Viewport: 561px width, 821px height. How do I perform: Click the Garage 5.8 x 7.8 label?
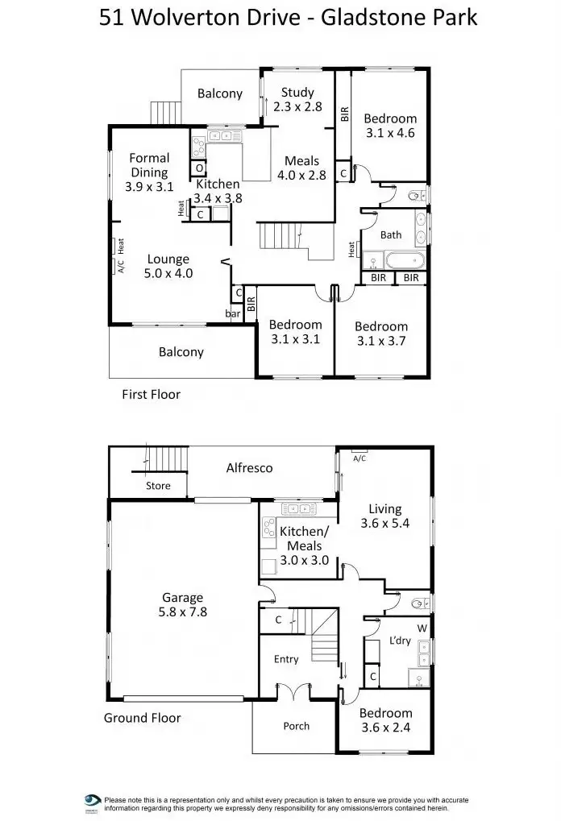182,604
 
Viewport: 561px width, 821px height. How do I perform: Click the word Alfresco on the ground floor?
249,467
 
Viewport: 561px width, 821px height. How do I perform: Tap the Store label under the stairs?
158,486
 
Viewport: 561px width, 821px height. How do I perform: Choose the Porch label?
296,726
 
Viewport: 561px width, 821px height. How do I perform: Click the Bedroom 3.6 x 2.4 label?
385,719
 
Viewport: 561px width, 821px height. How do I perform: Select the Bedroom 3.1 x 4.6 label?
390,126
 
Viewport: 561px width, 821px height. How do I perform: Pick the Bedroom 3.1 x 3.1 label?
295,332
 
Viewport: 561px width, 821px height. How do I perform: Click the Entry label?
286,659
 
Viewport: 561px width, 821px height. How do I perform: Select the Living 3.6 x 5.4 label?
384,516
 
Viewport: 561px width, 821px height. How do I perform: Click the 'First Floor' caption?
151,395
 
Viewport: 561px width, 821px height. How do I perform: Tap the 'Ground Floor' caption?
142,718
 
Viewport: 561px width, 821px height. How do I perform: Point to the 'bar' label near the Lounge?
233,313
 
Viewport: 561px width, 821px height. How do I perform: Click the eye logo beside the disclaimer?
92,801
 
